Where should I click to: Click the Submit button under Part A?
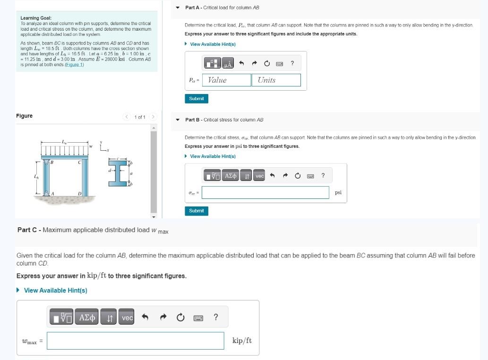(196, 99)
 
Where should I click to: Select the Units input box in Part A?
(278, 80)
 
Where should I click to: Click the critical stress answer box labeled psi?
(265, 192)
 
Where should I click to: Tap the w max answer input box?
(135, 341)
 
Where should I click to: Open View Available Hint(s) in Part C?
(55, 291)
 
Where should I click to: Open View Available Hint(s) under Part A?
(213, 44)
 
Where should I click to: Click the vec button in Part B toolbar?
(260, 176)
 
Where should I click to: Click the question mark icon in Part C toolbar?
(215, 317)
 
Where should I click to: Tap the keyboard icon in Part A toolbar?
(280, 64)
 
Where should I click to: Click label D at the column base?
(79, 194)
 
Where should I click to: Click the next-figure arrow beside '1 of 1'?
(153, 117)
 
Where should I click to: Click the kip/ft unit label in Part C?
(242, 341)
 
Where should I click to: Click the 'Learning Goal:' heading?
(36, 18)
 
